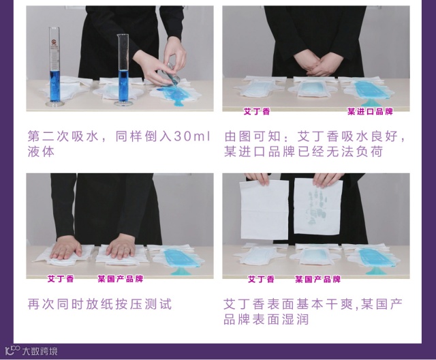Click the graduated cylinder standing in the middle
pos(123,70)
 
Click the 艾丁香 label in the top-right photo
pos(257,112)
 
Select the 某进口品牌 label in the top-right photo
pos(370,112)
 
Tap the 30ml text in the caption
pos(192,136)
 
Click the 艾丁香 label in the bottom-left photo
pos(61,279)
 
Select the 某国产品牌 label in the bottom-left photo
pos(120,279)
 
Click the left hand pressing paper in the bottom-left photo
pos(65,248)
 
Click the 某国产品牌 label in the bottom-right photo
pos(318,279)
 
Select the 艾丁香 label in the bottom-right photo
pos(261,279)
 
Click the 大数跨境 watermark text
pos(40,351)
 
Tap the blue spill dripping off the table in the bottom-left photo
pos(180,271)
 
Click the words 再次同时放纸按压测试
pos(100,304)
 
